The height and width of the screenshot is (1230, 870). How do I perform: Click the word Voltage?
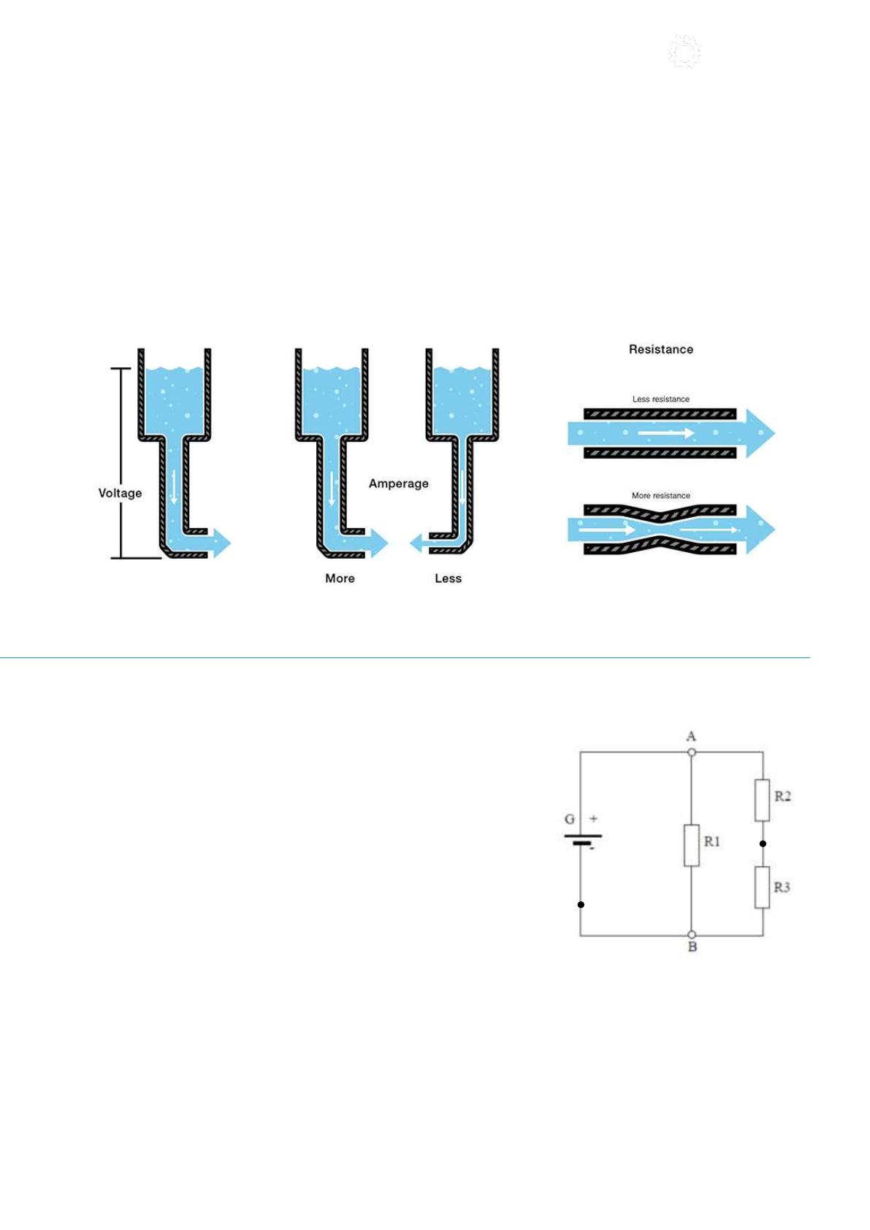coord(120,493)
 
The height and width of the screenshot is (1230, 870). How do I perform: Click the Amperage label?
coord(398,484)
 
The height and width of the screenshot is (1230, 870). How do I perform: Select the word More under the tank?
coord(340,578)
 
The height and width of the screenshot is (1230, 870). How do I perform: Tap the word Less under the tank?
coord(448,578)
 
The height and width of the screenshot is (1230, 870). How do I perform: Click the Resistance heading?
coord(661,349)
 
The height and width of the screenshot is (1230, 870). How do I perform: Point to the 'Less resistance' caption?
coord(661,399)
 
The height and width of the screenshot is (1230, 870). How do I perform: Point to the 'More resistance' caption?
coord(661,495)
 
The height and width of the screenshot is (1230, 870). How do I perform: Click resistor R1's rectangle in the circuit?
coord(691,845)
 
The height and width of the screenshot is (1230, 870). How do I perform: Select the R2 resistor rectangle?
coord(762,800)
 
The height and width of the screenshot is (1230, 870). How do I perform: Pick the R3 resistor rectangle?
coord(762,887)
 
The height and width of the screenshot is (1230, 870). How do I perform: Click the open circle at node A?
coord(691,752)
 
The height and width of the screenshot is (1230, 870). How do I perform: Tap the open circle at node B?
coord(691,935)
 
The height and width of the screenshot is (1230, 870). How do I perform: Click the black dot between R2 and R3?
coord(763,844)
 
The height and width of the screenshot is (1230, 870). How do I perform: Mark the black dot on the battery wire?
coord(581,904)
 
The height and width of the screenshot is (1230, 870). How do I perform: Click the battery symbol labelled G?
coord(582,839)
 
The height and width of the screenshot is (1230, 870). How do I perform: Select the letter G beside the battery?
coord(569,820)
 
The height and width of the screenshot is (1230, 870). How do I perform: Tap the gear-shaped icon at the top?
coord(684,52)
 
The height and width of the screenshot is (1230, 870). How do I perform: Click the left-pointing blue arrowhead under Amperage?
coord(416,543)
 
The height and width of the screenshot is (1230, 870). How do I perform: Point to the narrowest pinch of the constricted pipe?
coord(661,529)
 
